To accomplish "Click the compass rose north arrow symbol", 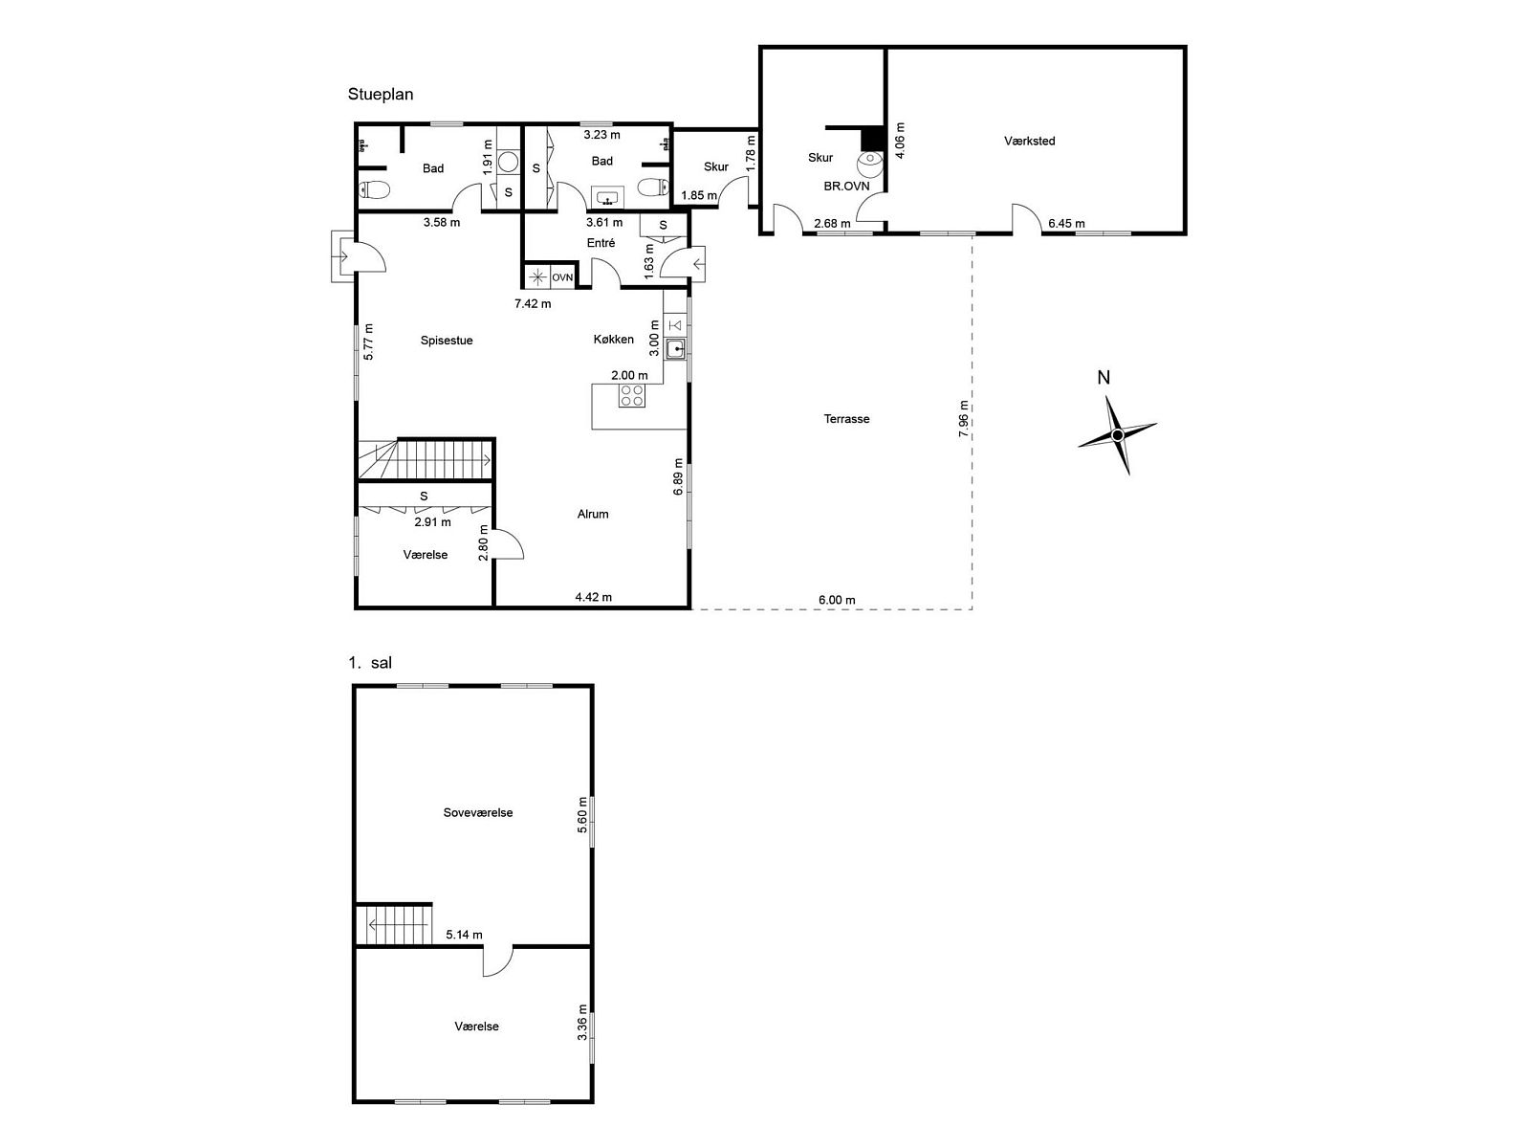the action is click(1117, 435).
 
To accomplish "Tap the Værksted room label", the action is click(1029, 141).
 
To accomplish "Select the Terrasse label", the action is click(846, 419).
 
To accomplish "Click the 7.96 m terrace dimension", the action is click(963, 419).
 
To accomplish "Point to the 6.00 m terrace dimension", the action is click(837, 600).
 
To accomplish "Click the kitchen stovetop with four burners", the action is click(631, 396).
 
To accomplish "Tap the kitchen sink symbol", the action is click(675, 347).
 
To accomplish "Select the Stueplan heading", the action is click(381, 94).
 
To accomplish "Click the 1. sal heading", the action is click(370, 663).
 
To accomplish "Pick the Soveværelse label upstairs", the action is click(478, 813).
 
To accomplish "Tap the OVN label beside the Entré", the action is click(562, 277).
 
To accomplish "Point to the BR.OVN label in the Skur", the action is click(847, 187).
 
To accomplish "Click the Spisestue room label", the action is click(447, 341).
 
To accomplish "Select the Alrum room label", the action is click(593, 515).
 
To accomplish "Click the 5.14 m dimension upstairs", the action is click(464, 935).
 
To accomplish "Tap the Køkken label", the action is click(613, 340).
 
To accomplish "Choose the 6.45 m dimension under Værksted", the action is click(1066, 224).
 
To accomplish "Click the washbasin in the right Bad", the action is click(608, 198).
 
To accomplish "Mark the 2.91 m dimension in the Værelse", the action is click(433, 522).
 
